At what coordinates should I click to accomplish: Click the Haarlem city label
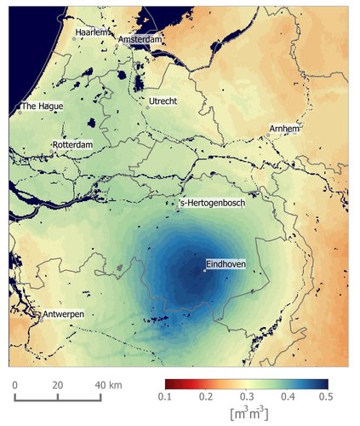coord(94,32)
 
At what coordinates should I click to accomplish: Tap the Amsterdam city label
coord(140,40)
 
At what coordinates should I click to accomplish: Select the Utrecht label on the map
coord(163,101)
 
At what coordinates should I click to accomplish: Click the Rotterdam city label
coord(71,146)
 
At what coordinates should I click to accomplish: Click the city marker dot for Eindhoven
coord(205,271)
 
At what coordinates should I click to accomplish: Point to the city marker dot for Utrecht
coord(146,107)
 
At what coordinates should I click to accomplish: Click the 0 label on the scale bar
coord(15,385)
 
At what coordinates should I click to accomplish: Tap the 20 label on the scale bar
coord(58,385)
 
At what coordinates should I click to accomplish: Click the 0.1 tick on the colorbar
coord(166,398)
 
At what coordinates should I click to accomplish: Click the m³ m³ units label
coord(248,414)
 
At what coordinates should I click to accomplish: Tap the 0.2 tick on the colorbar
coord(207,398)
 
